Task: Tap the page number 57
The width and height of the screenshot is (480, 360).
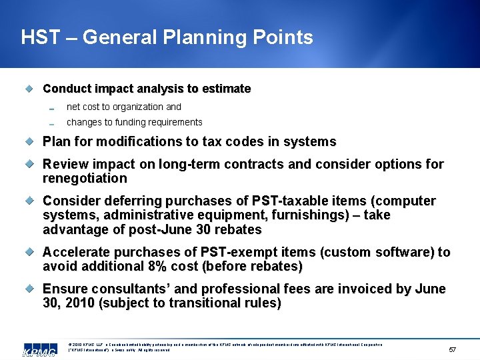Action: click(x=453, y=349)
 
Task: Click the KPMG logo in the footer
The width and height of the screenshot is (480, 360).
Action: click(x=39, y=351)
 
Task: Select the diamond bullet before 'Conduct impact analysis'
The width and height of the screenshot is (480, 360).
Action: click(x=29, y=89)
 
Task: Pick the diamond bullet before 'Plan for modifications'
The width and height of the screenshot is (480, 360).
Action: click(x=29, y=141)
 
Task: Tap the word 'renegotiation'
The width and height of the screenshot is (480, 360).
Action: click(x=85, y=178)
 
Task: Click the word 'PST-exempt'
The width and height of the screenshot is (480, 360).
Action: click(x=222, y=252)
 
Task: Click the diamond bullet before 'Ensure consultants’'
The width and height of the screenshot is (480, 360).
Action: click(x=29, y=289)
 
